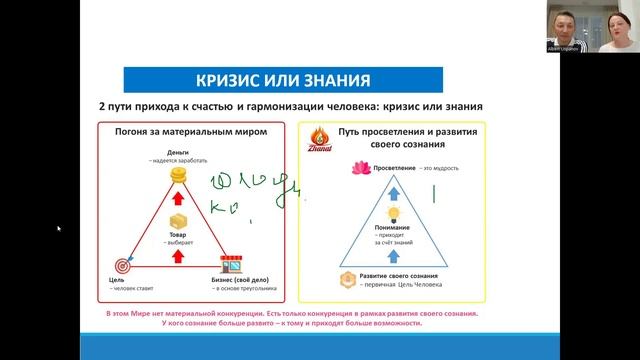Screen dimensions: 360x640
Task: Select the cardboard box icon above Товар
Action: click(x=179, y=221)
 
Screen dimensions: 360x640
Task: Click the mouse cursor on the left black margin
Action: click(x=59, y=229)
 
